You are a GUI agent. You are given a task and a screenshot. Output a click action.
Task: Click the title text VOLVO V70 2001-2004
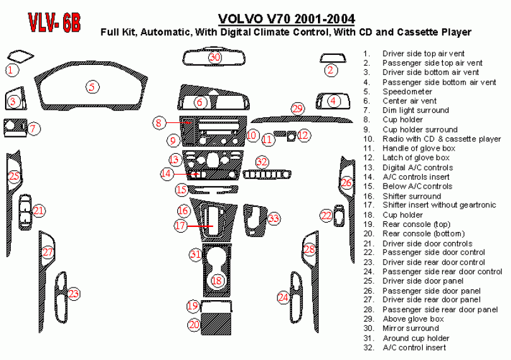[286, 19]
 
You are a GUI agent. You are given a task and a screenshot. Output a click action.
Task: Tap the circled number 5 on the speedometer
[93, 87]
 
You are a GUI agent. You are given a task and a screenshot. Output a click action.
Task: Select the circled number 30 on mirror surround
[215, 57]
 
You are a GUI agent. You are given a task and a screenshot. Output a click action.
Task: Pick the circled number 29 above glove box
[298, 109]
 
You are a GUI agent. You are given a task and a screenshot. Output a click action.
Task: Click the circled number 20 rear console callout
[194, 325]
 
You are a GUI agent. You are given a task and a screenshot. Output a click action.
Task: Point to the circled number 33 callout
[273, 219]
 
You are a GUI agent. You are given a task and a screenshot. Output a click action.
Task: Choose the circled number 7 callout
[34, 129]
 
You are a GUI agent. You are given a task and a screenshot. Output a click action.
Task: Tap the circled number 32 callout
[262, 161]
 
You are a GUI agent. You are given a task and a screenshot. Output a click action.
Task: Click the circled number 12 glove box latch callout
[303, 135]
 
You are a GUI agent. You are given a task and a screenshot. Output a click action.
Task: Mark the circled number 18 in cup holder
[217, 280]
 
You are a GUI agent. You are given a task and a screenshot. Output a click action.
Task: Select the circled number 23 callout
[74, 293]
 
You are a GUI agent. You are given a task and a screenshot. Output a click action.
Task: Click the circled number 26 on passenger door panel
[346, 183]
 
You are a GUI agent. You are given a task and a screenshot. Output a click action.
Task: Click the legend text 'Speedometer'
[407, 91]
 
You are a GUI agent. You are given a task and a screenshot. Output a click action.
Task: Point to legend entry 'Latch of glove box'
[416, 158]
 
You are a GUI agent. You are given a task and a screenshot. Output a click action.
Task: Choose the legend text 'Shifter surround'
[412, 196]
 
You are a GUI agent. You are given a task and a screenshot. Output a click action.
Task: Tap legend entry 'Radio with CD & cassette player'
[442, 139]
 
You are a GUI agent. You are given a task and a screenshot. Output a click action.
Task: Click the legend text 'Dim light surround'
[416, 110]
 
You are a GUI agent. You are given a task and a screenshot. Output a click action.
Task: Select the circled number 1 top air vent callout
[11, 70]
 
